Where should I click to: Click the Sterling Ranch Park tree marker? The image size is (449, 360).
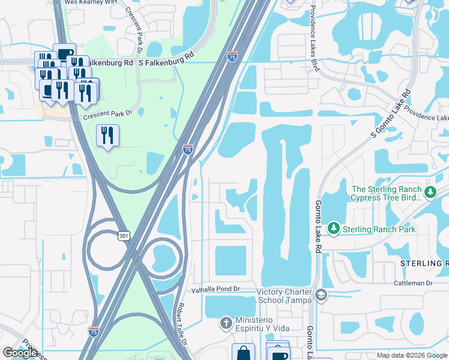[x=333, y=229]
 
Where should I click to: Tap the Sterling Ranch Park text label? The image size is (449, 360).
[x=378, y=229]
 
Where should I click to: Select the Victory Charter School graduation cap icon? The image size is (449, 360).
[x=321, y=295]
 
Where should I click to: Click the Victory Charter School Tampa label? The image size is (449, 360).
[x=284, y=296]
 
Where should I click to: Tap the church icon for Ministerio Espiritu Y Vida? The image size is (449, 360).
[x=226, y=323]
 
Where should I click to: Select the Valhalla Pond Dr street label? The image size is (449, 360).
[x=215, y=289]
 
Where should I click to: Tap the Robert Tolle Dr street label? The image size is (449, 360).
[x=181, y=323]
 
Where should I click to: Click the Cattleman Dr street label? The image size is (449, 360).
[x=414, y=283]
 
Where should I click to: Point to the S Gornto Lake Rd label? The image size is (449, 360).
[x=390, y=114]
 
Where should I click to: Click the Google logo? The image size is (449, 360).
[x=19, y=353]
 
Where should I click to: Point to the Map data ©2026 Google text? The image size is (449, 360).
[x=411, y=355]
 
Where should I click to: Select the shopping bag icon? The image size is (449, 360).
[x=243, y=352]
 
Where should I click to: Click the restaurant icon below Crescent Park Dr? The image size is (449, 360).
[x=107, y=135]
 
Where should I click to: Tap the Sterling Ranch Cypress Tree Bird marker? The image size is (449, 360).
[x=430, y=193]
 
